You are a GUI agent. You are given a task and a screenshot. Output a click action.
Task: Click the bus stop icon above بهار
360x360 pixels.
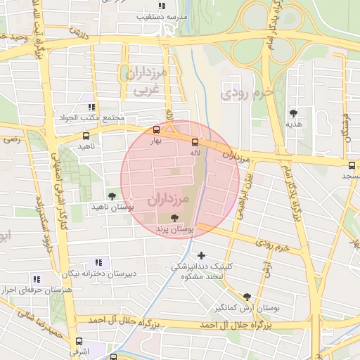(156, 129)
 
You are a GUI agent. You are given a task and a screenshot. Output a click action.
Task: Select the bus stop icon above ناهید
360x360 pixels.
(86, 136)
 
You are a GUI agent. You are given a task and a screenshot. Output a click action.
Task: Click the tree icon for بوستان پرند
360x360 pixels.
(174, 218)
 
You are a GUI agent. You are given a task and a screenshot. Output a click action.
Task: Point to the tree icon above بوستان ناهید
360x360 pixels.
(111, 195)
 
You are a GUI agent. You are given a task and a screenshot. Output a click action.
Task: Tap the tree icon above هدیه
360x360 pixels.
(293, 112)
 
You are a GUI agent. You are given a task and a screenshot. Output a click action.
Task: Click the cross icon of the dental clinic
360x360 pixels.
(202, 255)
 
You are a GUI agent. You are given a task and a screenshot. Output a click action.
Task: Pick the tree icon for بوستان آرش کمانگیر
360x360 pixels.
(246, 297)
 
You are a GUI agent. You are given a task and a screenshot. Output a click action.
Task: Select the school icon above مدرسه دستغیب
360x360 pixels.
(162, 6)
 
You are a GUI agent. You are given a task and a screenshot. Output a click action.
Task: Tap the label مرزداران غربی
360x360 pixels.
(146, 81)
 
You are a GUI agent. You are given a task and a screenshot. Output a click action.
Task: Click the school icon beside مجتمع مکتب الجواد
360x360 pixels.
(89, 105)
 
